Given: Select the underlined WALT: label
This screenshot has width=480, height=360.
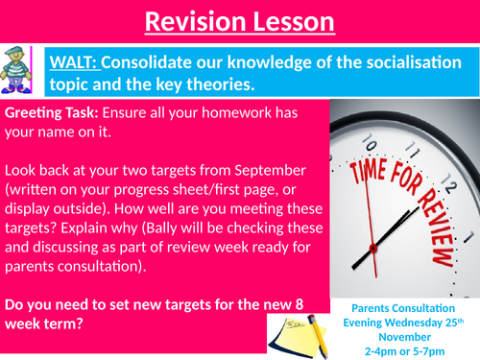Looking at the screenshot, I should (x=75, y=63).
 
